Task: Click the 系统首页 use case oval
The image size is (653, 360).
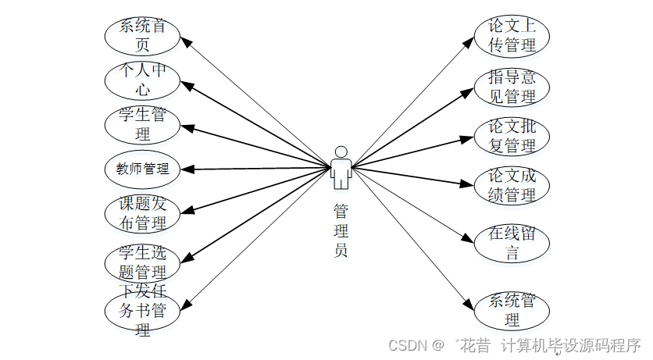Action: point(142,35)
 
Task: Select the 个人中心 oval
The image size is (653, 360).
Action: point(142,80)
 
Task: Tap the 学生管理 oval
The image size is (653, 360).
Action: point(142,124)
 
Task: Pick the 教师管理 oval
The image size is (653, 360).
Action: point(142,168)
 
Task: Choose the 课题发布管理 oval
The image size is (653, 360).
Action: point(142,213)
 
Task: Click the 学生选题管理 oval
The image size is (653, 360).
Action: point(142,262)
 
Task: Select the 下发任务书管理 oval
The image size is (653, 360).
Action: point(142,311)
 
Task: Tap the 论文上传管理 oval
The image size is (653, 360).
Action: point(512,35)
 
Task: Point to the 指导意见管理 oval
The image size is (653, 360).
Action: point(512,86)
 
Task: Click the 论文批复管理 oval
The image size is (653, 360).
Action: point(512,135)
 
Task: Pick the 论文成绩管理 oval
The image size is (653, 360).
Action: point(512,185)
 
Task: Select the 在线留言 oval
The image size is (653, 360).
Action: point(512,242)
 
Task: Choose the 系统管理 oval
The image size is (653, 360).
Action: point(512,309)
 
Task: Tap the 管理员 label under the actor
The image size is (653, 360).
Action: point(341,230)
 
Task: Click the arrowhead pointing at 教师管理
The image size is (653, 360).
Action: point(187,169)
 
